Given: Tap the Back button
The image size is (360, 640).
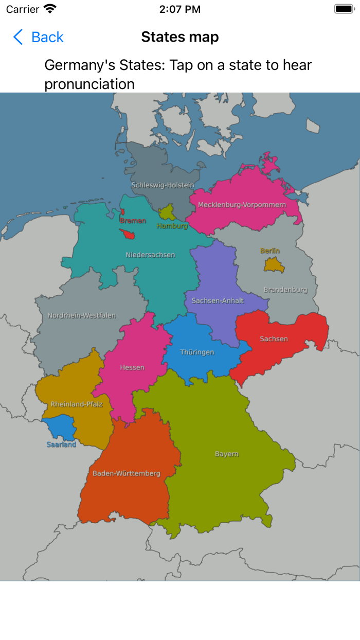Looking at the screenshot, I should [x=39, y=37].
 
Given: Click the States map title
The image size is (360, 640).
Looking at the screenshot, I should [x=180, y=37].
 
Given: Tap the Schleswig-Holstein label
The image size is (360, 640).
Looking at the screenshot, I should [x=163, y=185].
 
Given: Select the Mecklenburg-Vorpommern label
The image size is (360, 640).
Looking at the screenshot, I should [x=242, y=205].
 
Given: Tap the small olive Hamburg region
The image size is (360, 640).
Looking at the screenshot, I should [x=167, y=212].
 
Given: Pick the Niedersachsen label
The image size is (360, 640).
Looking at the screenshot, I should [x=150, y=255].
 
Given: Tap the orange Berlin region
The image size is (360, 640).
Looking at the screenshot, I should [x=271, y=264].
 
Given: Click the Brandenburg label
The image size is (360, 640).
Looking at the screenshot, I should [x=285, y=290].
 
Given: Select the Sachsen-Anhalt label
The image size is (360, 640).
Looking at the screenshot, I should [x=218, y=300].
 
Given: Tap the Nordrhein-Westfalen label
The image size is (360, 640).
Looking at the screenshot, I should [x=82, y=316].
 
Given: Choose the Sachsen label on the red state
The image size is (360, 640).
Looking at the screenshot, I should [x=274, y=339].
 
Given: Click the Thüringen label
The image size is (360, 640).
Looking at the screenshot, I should [x=197, y=352].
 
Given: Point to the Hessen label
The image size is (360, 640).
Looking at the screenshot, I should [x=132, y=367].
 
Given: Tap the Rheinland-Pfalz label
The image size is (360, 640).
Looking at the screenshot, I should [x=77, y=404].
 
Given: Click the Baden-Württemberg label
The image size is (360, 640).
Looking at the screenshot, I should [x=127, y=473].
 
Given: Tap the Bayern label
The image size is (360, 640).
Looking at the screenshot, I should [x=226, y=454].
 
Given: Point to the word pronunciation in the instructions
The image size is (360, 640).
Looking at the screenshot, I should [x=89, y=84].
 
